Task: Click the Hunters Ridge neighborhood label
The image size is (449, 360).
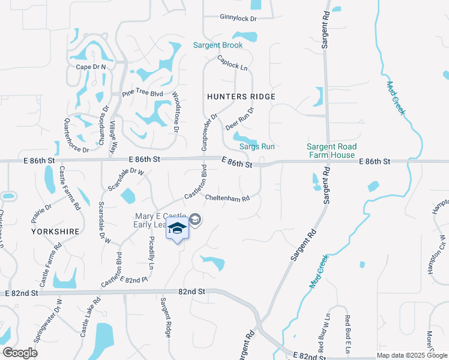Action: (241, 97)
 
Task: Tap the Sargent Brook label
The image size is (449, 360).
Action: (218, 46)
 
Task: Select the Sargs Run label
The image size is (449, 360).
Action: (257, 146)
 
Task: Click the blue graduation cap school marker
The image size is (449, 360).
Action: (178, 229)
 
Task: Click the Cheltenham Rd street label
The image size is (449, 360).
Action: (227, 197)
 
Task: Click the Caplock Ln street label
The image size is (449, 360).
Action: (232, 63)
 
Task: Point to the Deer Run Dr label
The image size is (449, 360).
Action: (240, 119)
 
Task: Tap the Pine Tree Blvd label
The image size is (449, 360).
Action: (142, 94)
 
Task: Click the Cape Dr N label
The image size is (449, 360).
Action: (91, 67)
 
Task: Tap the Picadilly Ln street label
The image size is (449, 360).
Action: (151, 252)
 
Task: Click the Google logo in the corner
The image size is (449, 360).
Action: (20, 353)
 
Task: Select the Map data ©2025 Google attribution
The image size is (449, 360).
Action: (412, 355)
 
